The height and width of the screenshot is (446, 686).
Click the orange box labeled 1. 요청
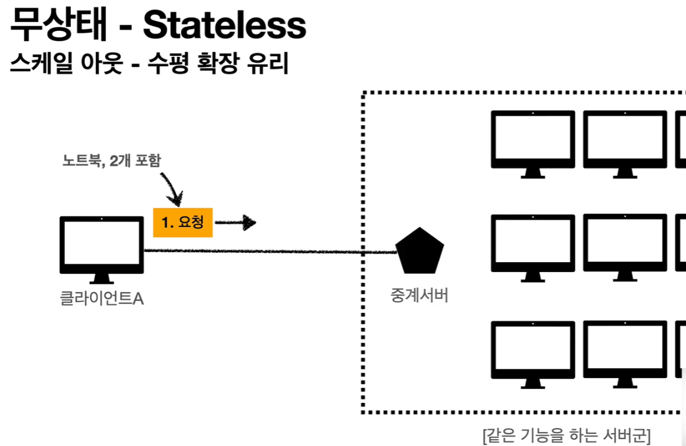coord(183,222)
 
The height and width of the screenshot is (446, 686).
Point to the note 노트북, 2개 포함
coord(110,160)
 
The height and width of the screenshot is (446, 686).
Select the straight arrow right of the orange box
coord(235,222)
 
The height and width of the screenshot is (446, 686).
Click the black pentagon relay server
coord(420,251)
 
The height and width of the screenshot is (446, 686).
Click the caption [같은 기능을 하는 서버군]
coord(567,435)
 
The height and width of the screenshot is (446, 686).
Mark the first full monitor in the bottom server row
coord(533,352)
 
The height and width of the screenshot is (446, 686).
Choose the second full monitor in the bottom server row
coord(625,352)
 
